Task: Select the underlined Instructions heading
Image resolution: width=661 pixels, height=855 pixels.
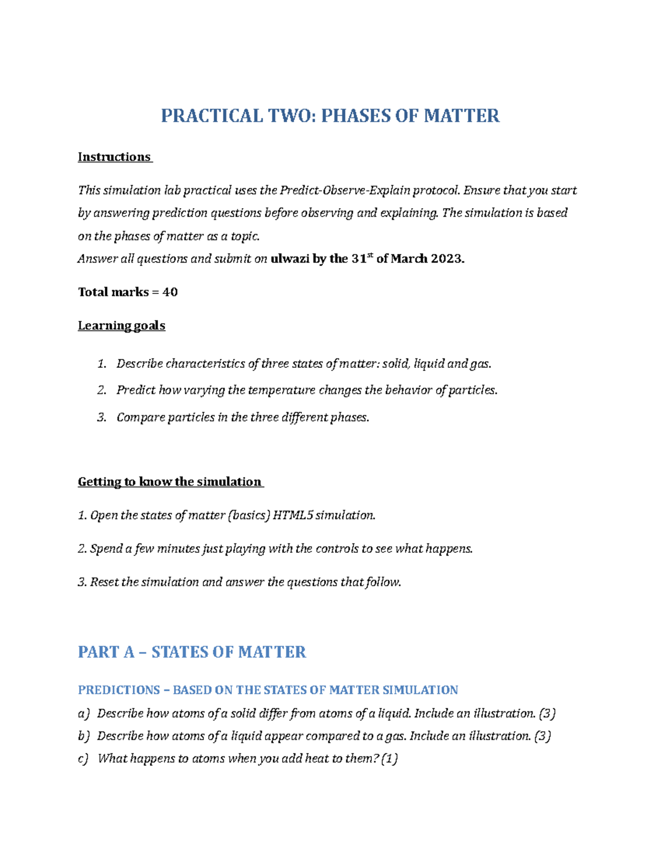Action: point(114,157)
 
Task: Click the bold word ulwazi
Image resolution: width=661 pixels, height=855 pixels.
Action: point(290,259)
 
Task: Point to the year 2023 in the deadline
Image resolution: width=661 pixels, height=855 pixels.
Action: point(447,259)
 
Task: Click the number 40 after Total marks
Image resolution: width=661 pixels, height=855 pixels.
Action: point(170,292)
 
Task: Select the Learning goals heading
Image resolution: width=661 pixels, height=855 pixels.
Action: point(121,325)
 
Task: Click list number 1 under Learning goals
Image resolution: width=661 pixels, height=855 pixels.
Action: point(101,364)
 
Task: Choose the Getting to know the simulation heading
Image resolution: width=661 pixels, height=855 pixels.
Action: point(170,482)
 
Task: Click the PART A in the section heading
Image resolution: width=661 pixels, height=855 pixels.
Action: point(106,652)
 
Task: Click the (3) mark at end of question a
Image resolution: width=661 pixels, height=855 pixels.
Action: point(547,714)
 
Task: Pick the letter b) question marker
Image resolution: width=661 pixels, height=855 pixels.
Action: point(83,736)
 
